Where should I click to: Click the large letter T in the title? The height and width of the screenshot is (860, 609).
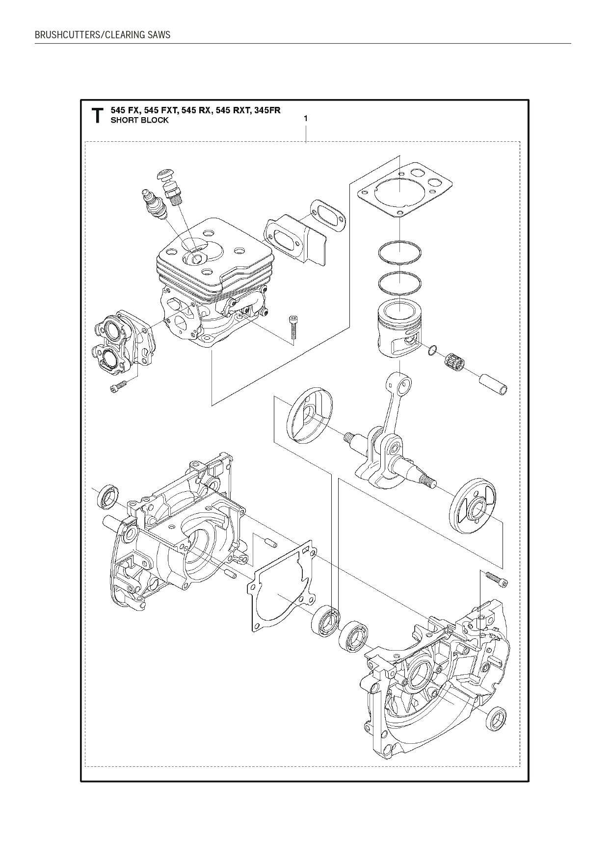click(98, 116)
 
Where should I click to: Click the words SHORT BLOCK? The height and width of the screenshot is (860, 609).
click(139, 120)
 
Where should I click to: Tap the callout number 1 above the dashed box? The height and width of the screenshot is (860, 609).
click(306, 118)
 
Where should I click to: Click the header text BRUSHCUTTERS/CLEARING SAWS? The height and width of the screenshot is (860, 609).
click(103, 35)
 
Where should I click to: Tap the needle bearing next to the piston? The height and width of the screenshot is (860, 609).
click(454, 363)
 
